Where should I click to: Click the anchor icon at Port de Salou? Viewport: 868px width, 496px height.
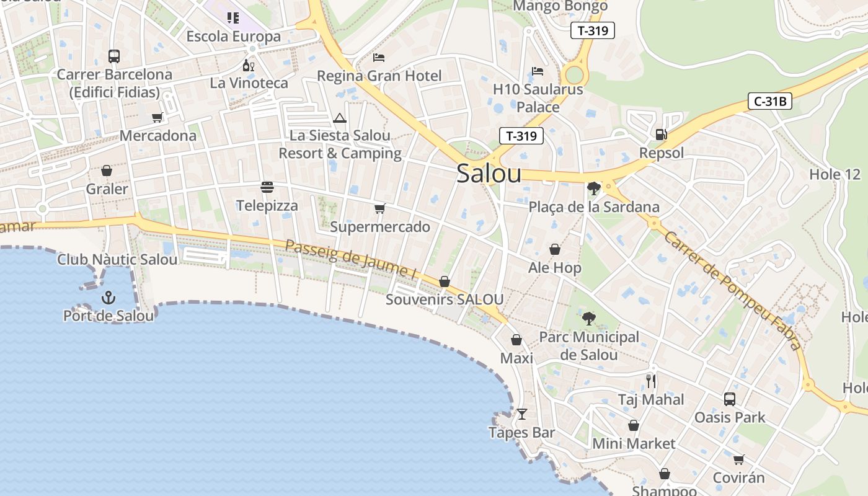(x=108, y=298)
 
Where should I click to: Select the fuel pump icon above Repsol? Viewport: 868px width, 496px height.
(x=662, y=135)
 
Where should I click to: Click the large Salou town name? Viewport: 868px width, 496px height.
(x=489, y=174)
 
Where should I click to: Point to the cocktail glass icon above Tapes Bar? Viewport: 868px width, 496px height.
(x=522, y=414)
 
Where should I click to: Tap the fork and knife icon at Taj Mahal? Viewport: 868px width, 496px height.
(x=651, y=381)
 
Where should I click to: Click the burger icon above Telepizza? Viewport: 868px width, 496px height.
(x=267, y=187)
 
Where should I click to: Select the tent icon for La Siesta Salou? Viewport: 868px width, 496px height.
(x=339, y=118)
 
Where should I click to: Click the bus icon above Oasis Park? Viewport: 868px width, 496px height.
(x=730, y=399)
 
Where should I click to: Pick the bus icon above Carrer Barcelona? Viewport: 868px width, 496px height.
(x=114, y=56)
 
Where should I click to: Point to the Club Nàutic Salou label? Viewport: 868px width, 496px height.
(x=117, y=259)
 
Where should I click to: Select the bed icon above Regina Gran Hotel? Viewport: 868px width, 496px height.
(x=379, y=58)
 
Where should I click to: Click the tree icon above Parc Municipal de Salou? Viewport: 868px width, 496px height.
(x=588, y=319)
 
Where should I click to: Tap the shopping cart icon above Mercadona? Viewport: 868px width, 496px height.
(x=157, y=117)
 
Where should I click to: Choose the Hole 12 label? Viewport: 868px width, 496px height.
(x=835, y=174)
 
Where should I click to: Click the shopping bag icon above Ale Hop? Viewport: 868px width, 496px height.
(x=555, y=249)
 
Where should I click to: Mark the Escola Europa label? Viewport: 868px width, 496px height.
(x=234, y=37)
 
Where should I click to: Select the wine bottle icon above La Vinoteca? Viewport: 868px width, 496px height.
(x=249, y=65)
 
